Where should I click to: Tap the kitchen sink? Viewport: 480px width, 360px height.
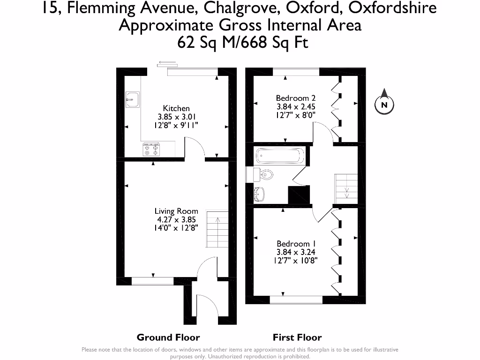132,99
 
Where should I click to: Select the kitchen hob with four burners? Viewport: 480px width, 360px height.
152,150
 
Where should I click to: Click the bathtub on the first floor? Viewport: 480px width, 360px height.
279,156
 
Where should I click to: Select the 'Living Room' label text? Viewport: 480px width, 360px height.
176,211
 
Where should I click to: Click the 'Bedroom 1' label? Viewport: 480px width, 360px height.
296,244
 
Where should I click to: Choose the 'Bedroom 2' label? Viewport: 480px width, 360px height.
295,98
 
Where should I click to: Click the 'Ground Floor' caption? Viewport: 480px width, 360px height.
168,337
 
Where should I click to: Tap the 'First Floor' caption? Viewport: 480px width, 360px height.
297,337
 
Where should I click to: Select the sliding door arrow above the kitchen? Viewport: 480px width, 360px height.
167,62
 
